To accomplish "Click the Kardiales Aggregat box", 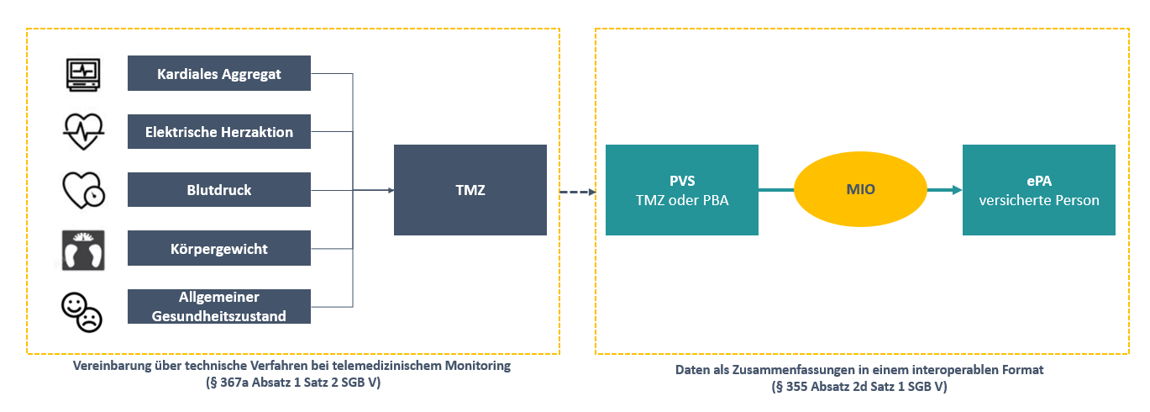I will point(219,73).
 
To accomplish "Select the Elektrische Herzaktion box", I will point(219,131).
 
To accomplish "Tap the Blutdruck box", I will point(219,189).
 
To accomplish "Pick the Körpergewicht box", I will point(219,248).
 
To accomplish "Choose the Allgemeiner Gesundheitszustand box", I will point(219,306).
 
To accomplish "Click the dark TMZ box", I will point(470,190).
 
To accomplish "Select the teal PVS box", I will point(681,190).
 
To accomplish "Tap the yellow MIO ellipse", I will point(860,190).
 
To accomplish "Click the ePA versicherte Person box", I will point(1038,190).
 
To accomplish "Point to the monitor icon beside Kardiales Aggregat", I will point(83,73).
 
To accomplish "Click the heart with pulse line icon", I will point(83,131).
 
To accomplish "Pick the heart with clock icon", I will point(83,190).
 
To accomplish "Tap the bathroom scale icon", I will point(83,250).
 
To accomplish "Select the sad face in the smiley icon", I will point(90,319).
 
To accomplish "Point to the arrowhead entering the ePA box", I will point(957,190).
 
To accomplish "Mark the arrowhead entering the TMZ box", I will point(390,190).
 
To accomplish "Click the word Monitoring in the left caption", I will point(478,367).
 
